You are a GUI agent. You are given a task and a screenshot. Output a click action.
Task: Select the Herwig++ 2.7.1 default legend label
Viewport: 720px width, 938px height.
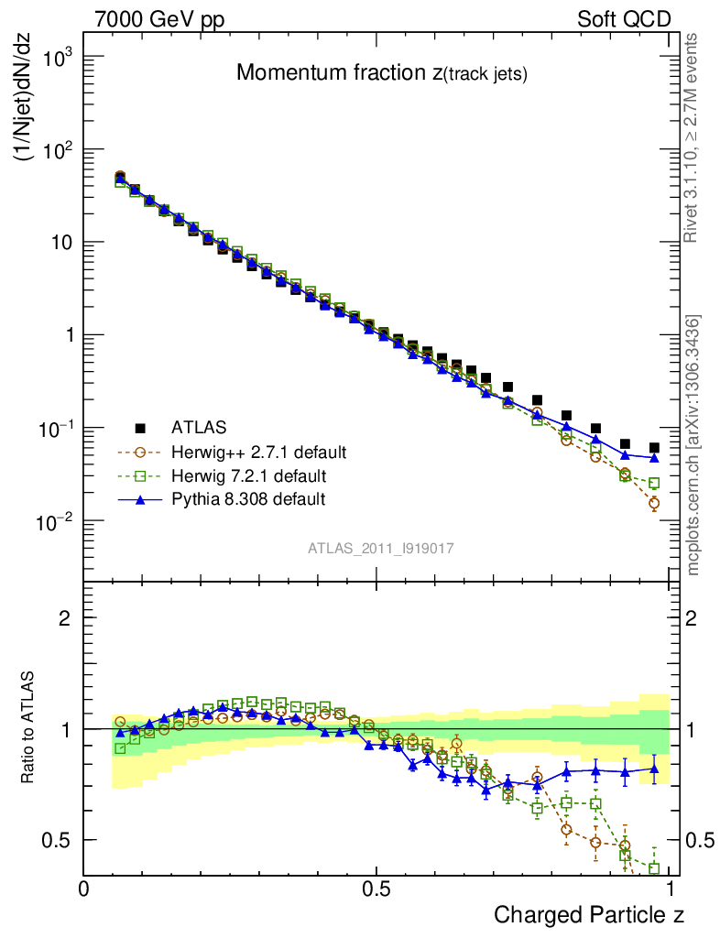click(x=258, y=452)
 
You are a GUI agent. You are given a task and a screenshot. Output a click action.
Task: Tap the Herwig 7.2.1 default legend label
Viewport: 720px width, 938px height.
click(x=249, y=475)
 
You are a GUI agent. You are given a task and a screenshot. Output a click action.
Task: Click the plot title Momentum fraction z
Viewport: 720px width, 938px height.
click(x=382, y=73)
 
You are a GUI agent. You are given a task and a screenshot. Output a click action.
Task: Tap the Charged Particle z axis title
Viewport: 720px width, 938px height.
click(x=589, y=914)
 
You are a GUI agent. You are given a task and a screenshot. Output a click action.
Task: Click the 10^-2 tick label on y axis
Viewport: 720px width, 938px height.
click(x=53, y=521)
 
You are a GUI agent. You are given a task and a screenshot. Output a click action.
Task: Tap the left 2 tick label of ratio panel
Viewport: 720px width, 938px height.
click(x=65, y=617)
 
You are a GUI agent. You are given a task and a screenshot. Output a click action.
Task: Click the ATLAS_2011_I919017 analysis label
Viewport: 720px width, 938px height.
click(x=381, y=548)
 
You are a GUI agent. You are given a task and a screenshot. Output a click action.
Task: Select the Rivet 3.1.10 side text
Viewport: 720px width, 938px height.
click(x=693, y=137)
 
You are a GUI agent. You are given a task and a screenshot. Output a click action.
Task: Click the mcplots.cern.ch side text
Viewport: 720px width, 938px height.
click(x=693, y=445)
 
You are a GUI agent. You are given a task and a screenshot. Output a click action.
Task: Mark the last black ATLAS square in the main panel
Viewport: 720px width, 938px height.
click(x=654, y=448)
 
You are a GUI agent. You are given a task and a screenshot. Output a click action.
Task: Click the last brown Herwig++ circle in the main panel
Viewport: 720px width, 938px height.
click(x=654, y=503)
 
